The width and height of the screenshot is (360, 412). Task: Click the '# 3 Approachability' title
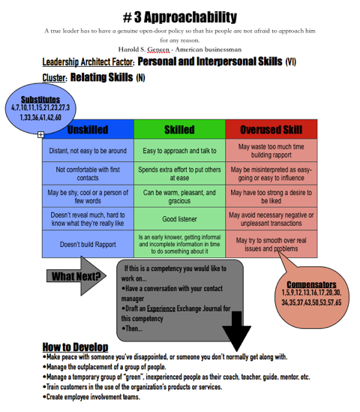(x=180, y=17)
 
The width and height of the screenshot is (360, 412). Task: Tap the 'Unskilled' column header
(x=88, y=130)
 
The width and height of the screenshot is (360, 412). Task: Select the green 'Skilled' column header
(x=179, y=130)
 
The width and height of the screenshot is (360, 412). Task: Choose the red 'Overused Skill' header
(x=271, y=130)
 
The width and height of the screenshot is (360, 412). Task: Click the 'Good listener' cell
(x=179, y=219)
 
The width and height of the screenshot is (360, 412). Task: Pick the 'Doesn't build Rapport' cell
(x=88, y=245)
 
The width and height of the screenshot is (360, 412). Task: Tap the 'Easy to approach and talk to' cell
(x=179, y=151)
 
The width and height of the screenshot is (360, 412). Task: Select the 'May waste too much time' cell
(x=271, y=151)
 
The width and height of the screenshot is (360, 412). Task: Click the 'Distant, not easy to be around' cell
(x=88, y=151)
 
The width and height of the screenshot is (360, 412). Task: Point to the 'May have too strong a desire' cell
(x=271, y=197)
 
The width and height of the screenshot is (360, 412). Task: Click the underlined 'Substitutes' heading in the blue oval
(x=40, y=100)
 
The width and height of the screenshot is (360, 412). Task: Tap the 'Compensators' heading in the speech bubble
(x=311, y=284)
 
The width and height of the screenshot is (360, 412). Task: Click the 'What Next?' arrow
(x=76, y=276)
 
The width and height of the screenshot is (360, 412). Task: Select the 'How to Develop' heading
(x=75, y=347)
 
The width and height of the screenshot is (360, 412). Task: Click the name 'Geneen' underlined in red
(x=158, y=50)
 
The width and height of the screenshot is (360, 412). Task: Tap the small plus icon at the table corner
(x=40, y=135)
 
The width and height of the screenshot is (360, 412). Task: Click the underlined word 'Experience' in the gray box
(x=161, y=308)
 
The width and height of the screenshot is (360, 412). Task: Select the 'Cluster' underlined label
(x=55, y=78)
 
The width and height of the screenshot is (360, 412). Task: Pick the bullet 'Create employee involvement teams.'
(x=91, y=397)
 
